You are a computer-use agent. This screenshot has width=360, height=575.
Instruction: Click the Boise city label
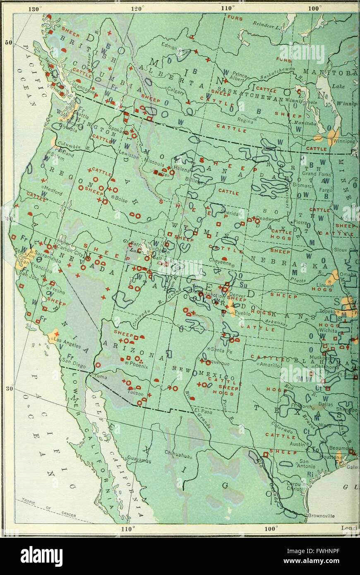tap(120, 197)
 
